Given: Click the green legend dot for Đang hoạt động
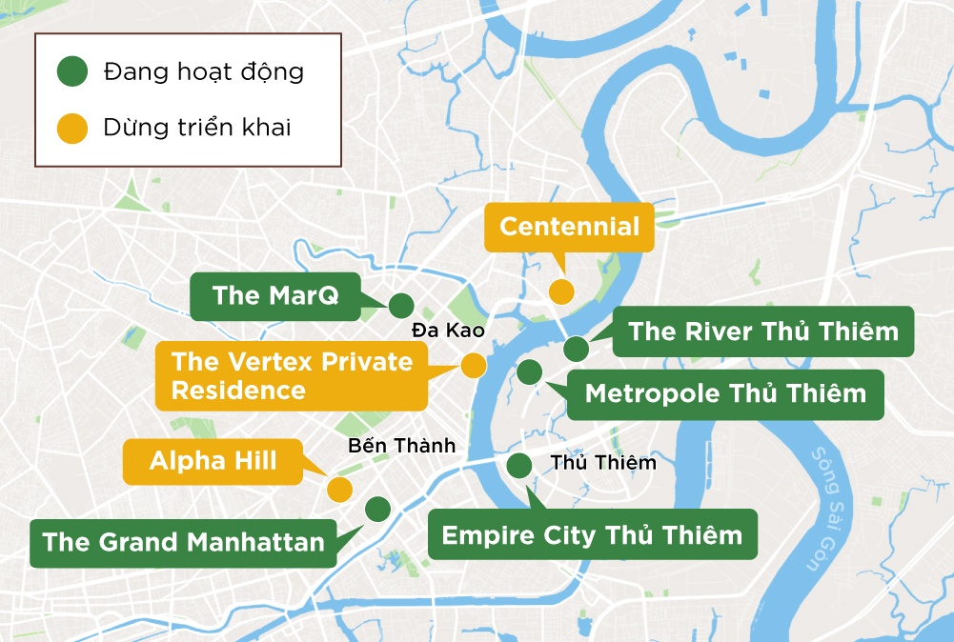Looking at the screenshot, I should (71, 71).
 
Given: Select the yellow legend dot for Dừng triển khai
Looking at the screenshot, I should (71, 128).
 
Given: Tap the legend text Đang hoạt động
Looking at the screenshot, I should (204, 71).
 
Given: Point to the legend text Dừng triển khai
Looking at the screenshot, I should (197, 128).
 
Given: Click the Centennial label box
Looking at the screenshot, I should (569, 227).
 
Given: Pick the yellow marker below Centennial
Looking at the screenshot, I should (562, 291).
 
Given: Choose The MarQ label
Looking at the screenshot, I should (275, 295).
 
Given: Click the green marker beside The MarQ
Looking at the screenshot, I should (400, 306).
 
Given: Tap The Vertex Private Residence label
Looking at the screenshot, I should (292, 375).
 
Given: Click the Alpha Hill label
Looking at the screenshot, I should (213, 461).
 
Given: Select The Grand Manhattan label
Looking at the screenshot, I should (184, 543).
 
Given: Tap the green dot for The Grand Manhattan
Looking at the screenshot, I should (377, 509).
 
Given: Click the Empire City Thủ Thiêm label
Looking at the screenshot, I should (592, 534).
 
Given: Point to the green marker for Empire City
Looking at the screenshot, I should (519, 466).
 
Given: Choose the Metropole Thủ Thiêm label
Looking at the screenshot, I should (725, 393).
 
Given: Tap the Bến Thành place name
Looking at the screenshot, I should (402, 445).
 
